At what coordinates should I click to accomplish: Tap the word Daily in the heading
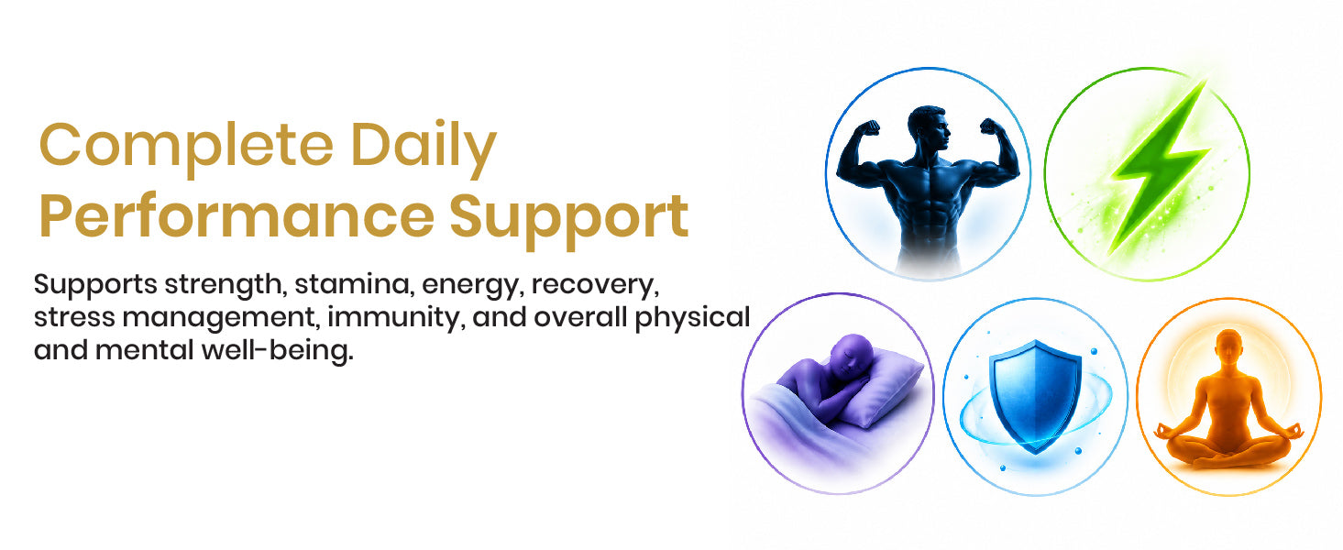[424, 147]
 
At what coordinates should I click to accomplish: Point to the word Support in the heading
[569, 219]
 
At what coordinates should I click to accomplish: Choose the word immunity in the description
[396, 318]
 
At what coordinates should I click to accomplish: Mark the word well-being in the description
[278, 351]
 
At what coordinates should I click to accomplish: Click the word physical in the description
[692, 318]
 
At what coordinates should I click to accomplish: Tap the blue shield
[1035, 396]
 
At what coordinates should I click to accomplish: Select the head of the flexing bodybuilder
[929, 128]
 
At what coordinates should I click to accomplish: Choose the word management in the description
[219, 318]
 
